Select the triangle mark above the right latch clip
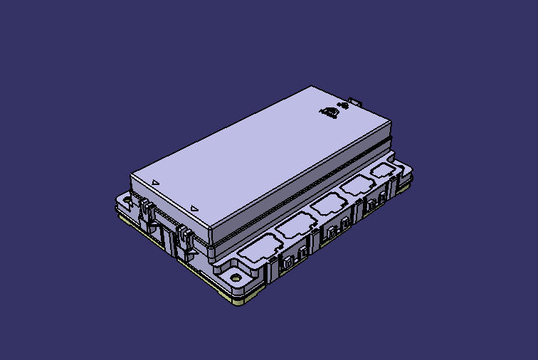tap(194, 208)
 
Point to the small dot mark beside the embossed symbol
tap(344, 107)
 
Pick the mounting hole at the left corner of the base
tap(127, 201)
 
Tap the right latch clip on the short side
tap(186, 235)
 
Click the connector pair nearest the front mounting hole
tap(292, 260)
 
